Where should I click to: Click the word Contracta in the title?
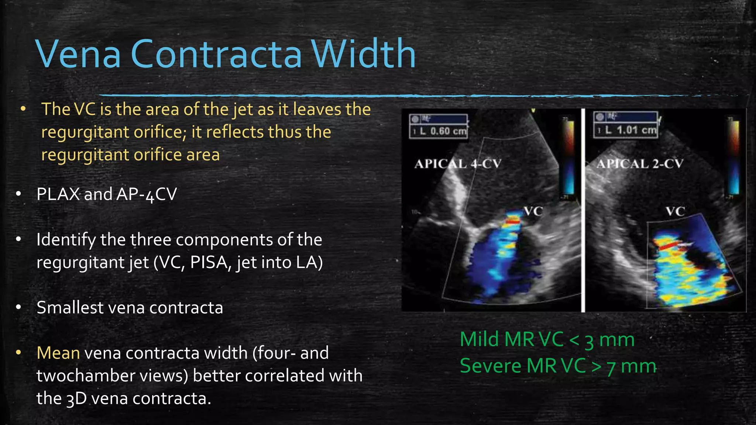pos(216,55)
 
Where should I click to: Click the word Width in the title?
pos(364,55)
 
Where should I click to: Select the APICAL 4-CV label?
pos(458,164)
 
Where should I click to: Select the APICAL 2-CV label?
pos(640,164)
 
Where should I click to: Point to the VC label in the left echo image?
pos(533,211)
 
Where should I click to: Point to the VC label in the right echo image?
pos(675,212)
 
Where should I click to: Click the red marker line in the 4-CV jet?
pos(512,222)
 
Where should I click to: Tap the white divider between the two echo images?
pos(583,210)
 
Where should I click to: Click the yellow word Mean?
pos(58,353)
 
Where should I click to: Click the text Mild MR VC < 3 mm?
pos(547,339)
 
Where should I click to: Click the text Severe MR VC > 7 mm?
pos(558,366)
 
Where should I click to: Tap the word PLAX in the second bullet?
pos(58,194)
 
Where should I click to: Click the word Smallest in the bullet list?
pos(70,308)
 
